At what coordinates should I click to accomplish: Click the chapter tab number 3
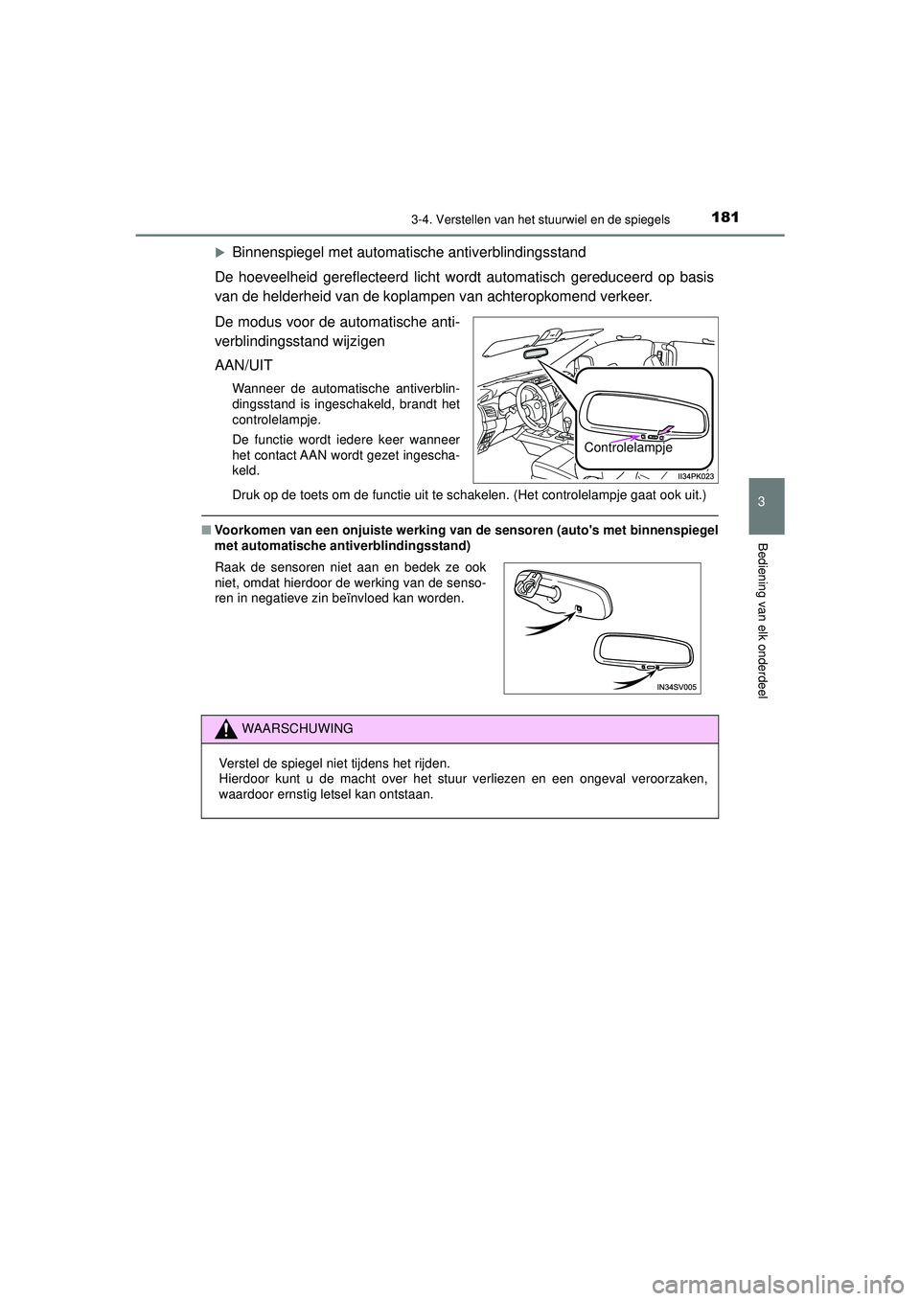(x=762, y=504)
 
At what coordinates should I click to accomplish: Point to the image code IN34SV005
(x=678, y=687)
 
